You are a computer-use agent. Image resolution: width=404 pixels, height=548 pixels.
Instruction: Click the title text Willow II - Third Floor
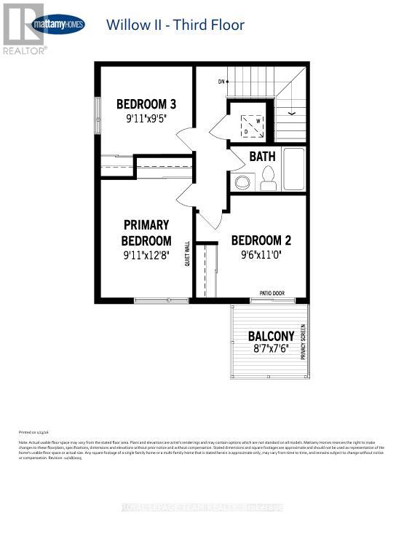pyautogui.click(x=175, y=25)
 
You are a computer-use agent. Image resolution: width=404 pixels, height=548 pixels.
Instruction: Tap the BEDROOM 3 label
pyautogui.click(x=146, y=103)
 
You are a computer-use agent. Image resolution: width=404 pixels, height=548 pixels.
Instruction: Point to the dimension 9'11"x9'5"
pyautogui.click(x=146, y=117)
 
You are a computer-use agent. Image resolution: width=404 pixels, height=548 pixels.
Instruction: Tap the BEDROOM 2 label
pyautogui.click(x=261, y=240)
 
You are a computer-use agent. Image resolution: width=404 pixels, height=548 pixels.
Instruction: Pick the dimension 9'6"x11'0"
pyautogui.click(x=261, y=255)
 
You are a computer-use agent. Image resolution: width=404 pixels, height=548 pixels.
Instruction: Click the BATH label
pyautogui.click(x=262, y=157)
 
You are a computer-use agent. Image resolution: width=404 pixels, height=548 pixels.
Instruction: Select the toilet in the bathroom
pyautogui.click(x=267, y=177)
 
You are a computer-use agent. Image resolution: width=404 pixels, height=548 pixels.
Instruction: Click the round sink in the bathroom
pyautogui.click(x=242, y=181)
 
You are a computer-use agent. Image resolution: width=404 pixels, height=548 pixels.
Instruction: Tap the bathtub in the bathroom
pyautogui.click(x=295, y=169)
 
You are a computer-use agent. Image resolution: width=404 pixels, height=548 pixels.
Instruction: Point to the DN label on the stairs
pyautogui.click(x=221, y=82)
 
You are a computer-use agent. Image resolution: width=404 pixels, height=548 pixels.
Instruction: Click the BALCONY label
pyautogui.click(x=271, y=336)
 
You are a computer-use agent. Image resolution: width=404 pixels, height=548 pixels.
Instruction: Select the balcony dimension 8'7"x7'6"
pyautogui.click(x=271, y=350)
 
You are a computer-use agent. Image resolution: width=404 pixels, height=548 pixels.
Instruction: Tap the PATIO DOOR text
pyautogui.click(x=272, y=294)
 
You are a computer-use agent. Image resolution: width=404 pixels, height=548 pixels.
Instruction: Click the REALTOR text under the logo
pyautogui.click(x=25, y=50)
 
